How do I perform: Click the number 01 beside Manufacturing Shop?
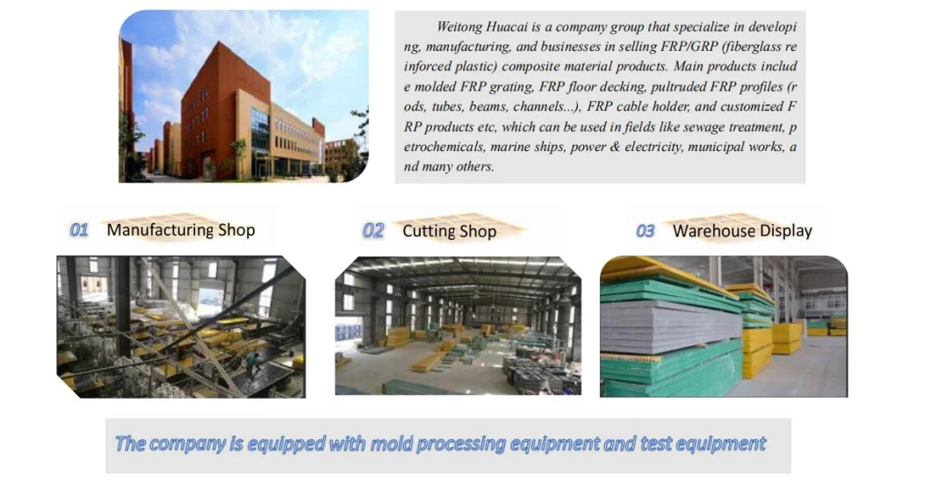[79, 230]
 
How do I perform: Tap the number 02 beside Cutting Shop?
[373, 230]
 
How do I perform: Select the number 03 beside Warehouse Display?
[646, 231]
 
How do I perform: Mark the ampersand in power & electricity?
[615, 147]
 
